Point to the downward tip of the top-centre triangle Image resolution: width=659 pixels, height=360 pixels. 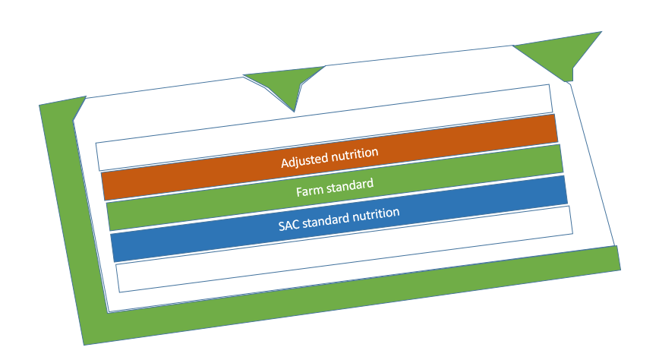tap(295, 111)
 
